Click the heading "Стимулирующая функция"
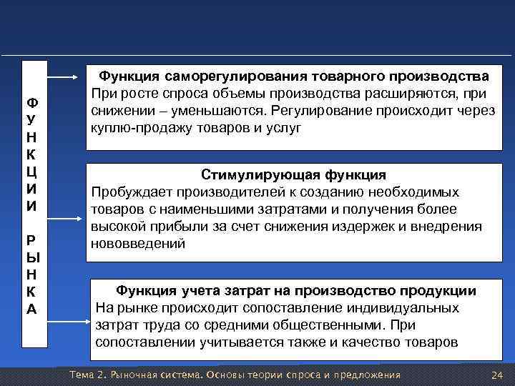(294, 175)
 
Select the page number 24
(499, 376)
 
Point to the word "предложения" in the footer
(368, 376)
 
